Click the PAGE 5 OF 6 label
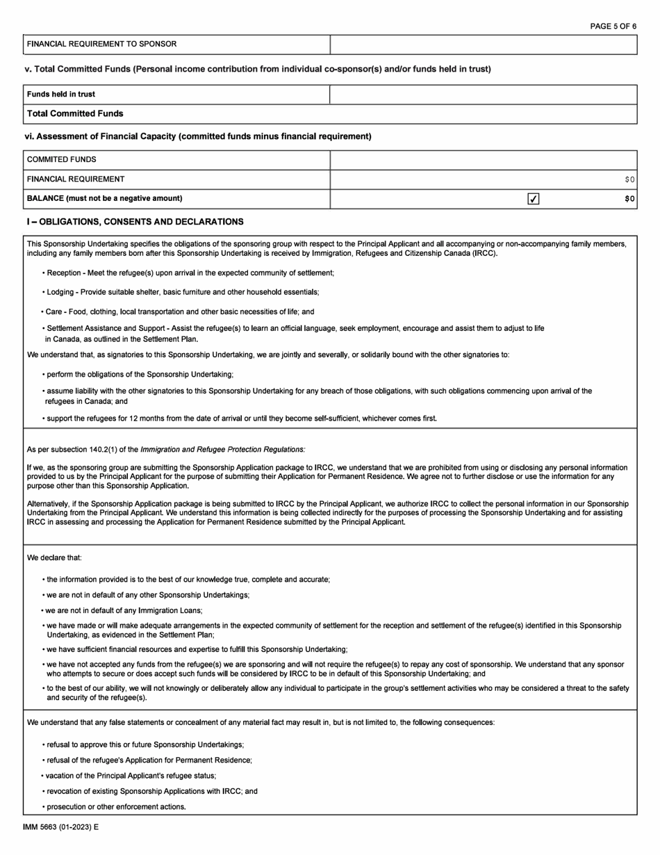(x=613, y=26)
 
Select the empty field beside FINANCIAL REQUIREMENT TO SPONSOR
(x=483, y=44)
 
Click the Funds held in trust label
(x=61, y=95)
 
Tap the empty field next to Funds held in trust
(x=483, y=95)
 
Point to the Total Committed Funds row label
(x=75, y=113)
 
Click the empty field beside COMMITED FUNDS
(x=483, y=160)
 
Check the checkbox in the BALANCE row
(x=533, y=199)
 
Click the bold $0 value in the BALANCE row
(x=629, y=199)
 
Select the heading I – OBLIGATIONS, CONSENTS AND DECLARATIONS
(x=135, y=222)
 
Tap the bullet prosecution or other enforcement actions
(x=116, y=806)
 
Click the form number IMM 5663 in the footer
(x=43, y=828)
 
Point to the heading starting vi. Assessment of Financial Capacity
(x=198, y=136)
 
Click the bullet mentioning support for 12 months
(x=241, y=418)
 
